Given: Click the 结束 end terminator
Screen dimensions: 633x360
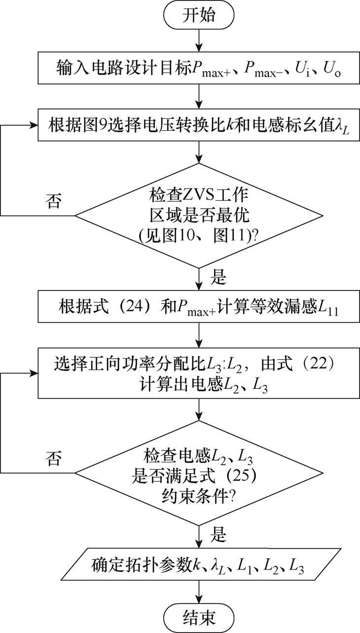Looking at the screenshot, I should pyautogui.click(x=198, y=617).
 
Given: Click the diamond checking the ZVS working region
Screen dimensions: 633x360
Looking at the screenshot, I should pyautogui.click(x=198, y=216).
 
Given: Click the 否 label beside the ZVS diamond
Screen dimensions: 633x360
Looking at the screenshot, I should pyautogui.click(x=54, y=202).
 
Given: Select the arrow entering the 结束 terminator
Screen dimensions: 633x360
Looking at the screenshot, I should pyautogui.click(x=198, y=592).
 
